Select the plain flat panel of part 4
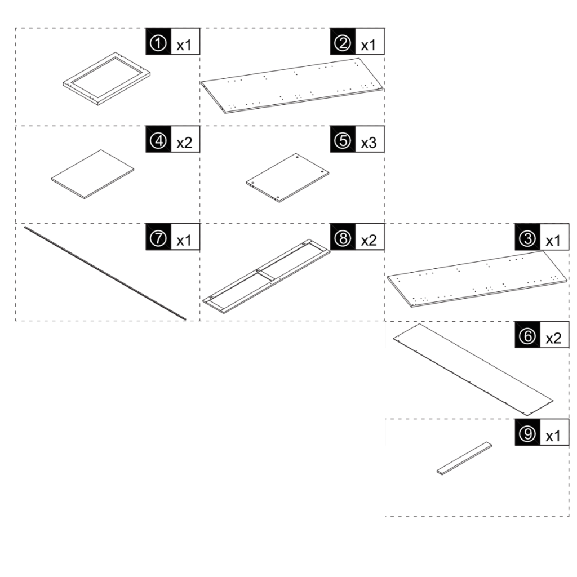pyautogui.click(x=92, y=174)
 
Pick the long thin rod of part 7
pyautogui.click(x=105, y=273)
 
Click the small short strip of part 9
pyautogui.click(x=464, y=459)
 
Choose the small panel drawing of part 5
pyautogui.click(x=287, y=177)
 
